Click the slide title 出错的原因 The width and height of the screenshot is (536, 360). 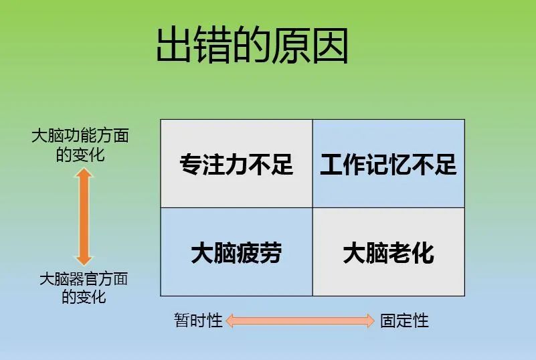click(252, 46)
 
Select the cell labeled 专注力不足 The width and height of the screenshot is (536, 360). click(237, 163)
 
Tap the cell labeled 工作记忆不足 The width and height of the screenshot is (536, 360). click(389, 163)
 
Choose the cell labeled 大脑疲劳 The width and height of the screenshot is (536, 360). click(237, 252)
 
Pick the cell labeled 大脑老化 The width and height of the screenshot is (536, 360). click(389, 252)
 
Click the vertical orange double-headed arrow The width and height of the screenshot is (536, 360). click(84, 217)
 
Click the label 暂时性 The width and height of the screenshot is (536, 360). click(198, 321)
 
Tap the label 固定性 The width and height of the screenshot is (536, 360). click(404, 321)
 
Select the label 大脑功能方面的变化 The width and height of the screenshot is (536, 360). click(80, 145)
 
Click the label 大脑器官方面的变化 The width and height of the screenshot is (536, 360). click(84, 288)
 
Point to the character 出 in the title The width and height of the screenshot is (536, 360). click(174, 46)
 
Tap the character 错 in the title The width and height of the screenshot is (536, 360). click(213, 46)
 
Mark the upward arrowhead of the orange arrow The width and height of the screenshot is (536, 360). click(84, 173)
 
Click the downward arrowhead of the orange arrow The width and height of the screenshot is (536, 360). click(84, 261)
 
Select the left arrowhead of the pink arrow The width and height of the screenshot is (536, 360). click(230, 321)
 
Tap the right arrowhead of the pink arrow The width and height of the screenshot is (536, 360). click(371, 321)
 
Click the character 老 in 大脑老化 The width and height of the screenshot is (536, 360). click(400, 253)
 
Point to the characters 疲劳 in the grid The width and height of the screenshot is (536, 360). click(259, 253)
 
